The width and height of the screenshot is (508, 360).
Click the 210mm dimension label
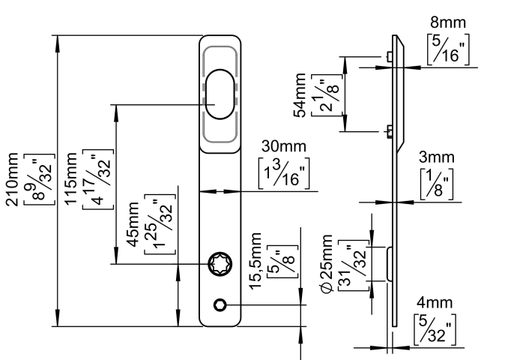click(x=12, y=179)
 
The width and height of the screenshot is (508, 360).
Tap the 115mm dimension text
click(x=71, y=178)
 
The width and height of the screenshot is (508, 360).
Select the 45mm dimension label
click(x=132, y=224)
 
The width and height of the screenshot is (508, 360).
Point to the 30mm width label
click(x=284, y=146)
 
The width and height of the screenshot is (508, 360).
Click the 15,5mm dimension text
click(x=255, y=261)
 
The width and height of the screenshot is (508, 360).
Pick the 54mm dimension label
click(x=300, y=95)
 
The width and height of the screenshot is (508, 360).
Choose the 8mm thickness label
click(x=448, y=22)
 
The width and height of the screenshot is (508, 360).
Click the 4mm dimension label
click(x=435, y=302)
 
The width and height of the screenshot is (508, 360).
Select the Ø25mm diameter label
click(x=327, y=264)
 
